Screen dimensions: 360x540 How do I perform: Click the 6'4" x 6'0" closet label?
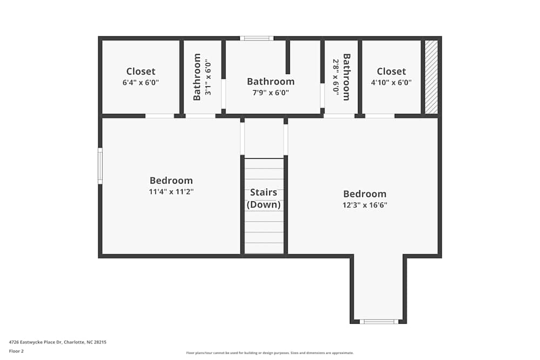140,77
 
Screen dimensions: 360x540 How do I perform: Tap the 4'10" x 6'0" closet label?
391,77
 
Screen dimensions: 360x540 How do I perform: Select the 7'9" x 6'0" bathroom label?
271,87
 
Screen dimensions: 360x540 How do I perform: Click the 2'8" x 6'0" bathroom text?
341,77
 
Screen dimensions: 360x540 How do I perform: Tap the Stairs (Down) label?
264,198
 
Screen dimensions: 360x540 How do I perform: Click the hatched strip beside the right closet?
431,77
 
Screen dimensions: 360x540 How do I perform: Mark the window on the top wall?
256,38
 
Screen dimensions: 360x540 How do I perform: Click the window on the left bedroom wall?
100,166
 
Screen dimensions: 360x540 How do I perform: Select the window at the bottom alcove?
379,322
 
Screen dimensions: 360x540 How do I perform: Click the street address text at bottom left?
58,342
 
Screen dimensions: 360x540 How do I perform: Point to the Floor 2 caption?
17,351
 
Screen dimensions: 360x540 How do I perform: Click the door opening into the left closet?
159,116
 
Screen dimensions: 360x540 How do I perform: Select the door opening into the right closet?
380,116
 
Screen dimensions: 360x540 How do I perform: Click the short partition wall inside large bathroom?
288,57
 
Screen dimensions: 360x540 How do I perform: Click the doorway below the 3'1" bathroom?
200,116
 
